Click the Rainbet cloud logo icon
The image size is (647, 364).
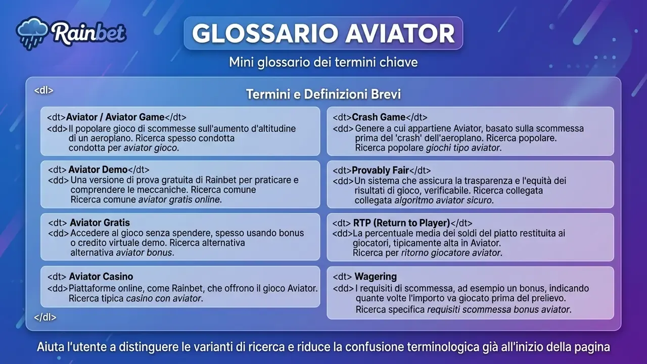coord(32,33)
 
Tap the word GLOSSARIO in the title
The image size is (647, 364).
coord(265,33)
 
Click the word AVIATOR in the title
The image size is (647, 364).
coord(400,33)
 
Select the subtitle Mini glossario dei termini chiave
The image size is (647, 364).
coord(323,62)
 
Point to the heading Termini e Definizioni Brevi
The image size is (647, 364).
coord(323,94)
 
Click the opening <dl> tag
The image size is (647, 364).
coord(43,90)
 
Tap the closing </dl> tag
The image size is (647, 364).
coord(45,317)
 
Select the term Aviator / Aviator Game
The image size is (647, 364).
coord(115,117)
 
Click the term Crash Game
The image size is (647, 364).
coord(379,117)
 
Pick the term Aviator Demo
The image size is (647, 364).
coord(98,169)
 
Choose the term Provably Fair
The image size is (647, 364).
coord(381,170)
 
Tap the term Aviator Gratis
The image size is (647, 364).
coord(100,223)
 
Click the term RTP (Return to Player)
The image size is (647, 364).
coord(401,223)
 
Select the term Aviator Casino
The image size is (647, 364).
coord(101,277)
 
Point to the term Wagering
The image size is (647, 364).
coord(376,277)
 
